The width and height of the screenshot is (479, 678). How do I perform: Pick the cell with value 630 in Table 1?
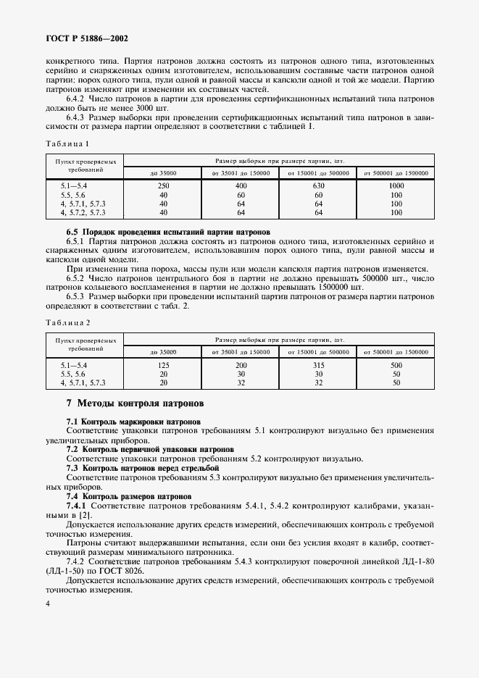pyautogui.click(x=318, y=187)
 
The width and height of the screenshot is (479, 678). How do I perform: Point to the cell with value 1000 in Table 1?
pyautogui.click(x=396, y=187)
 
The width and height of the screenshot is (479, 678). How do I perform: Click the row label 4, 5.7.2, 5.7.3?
pyautogui.click(x=84, y=213)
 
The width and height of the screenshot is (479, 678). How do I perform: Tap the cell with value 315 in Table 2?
pyautogui.click(x=318, y=366)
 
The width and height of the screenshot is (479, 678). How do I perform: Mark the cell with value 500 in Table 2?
pyautogui.click(x=396, y=366)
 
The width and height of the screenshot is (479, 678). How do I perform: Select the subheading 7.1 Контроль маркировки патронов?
pyautogui.click(x=133, y=421)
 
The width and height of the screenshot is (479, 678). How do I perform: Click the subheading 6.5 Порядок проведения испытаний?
pyautogui.click(x=168, y=232)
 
